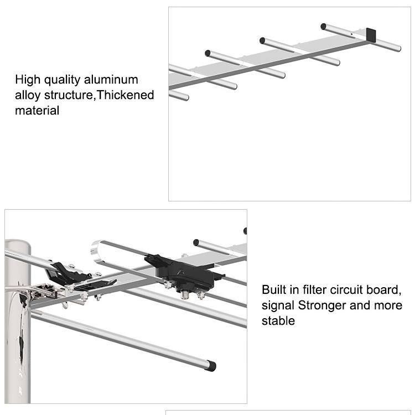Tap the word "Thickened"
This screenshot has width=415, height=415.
click(x=126, y=95)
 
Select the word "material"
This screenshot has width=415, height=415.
click(x=37, y=110)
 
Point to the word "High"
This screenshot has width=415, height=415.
click(x=28, y=80)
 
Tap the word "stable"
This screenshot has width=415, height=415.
click(x=278, y=320)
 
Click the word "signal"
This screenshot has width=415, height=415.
click(x=278, y=305)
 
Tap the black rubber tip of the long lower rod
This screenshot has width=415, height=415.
click(x=211, y=366)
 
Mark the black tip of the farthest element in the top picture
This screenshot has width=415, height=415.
click(x=323, y=27)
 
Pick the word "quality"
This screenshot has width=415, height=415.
click(x=62, y=80)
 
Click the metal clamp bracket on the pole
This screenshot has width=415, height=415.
click(x=44, y=291)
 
